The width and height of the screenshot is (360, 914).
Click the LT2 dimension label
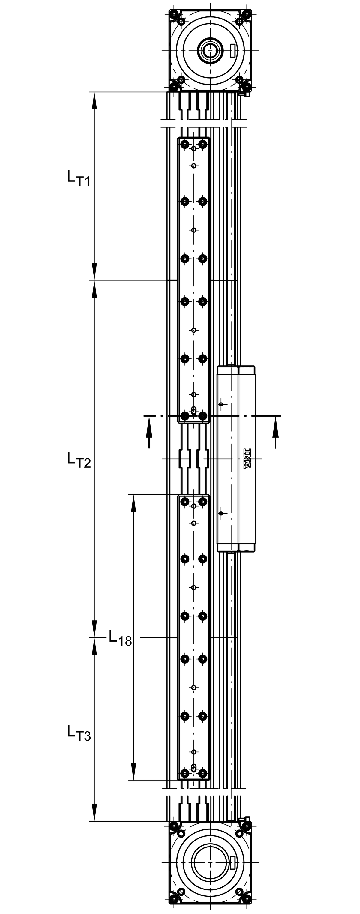[79, 460]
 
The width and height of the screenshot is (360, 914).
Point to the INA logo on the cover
[247, 459]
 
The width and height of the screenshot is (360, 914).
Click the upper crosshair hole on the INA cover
[221, 404]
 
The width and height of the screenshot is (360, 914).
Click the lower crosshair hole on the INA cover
[221, 514]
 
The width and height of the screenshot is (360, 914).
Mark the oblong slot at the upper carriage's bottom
[194, 411]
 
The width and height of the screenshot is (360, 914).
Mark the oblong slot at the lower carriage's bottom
[194, 768]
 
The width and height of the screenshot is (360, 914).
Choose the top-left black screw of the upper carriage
[184, 144]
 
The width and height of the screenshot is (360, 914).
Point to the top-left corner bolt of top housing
[174, 14]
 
